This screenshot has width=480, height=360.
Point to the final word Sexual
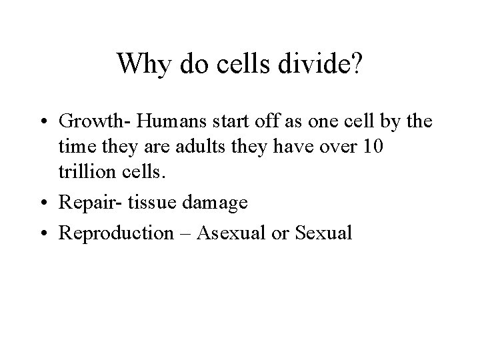click(324, 233)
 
